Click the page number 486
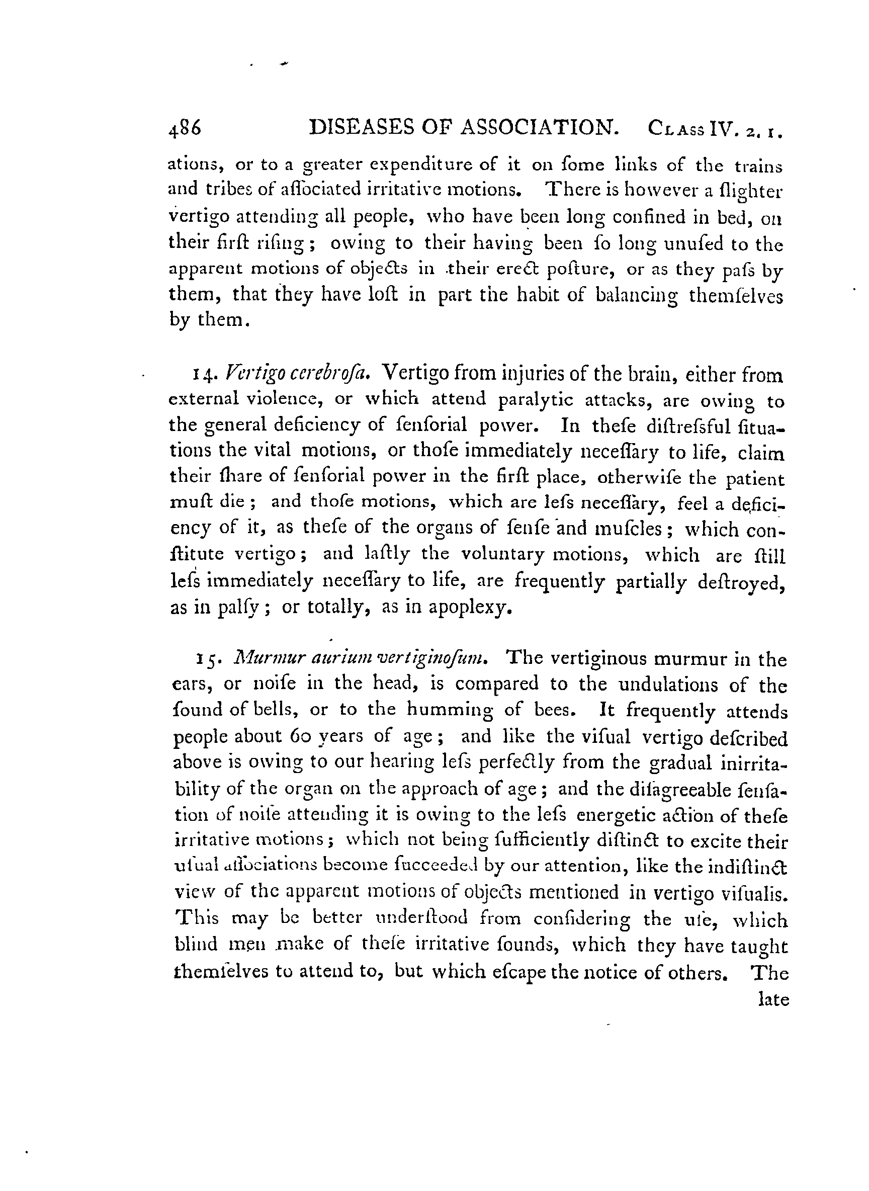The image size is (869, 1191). pyautogui.click(x=185, y=129)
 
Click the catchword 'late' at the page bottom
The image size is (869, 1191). pyautogui.click(x=774, y=999)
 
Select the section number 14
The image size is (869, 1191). pyautogui.click(x=204, y=376)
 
